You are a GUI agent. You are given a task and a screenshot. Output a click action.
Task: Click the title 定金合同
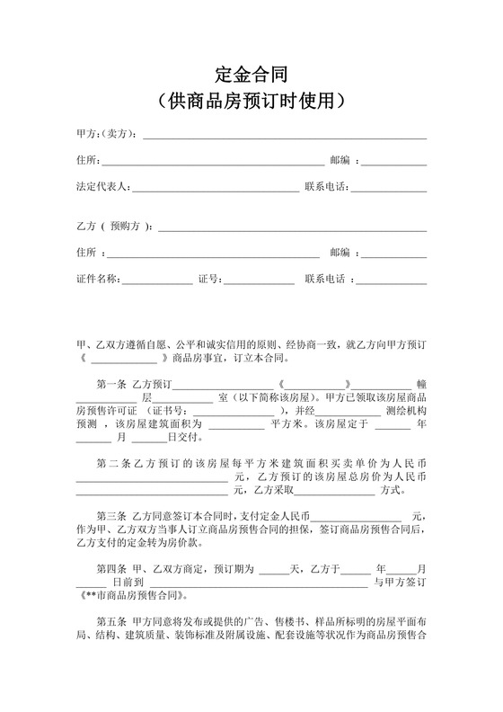tap(251, 74)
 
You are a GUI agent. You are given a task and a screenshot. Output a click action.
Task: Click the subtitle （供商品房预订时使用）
tap(251, 100)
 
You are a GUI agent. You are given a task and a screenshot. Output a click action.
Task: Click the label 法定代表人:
tap(103, 188)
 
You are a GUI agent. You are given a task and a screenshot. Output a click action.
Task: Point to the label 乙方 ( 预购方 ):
tap(115, 227)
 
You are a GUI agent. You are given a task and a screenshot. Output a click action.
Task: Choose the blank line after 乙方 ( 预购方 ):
tap(293, 230)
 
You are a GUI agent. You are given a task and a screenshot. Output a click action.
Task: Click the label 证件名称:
tap(98, 280)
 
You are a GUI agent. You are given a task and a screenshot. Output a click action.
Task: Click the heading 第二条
tap(111, 464)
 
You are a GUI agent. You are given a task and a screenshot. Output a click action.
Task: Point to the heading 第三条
tap(111, 516)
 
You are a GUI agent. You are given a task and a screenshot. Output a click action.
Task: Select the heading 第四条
tap(111, 568)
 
